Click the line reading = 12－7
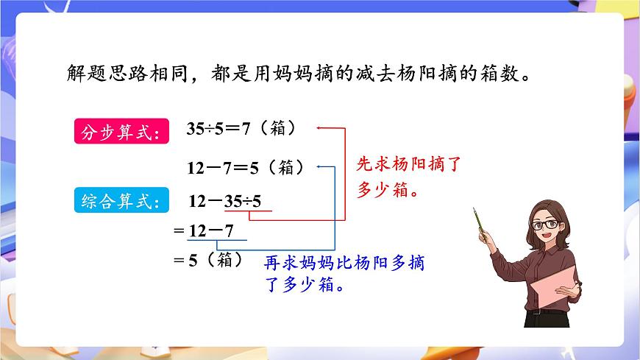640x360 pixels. [203, 230]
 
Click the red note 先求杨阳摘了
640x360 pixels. [408, 163]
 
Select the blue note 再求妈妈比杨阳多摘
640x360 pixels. [344, 263]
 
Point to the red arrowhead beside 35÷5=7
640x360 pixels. [319, 127]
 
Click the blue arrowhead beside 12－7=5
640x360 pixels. [319, 166]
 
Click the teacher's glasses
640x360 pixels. [547, 224]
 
